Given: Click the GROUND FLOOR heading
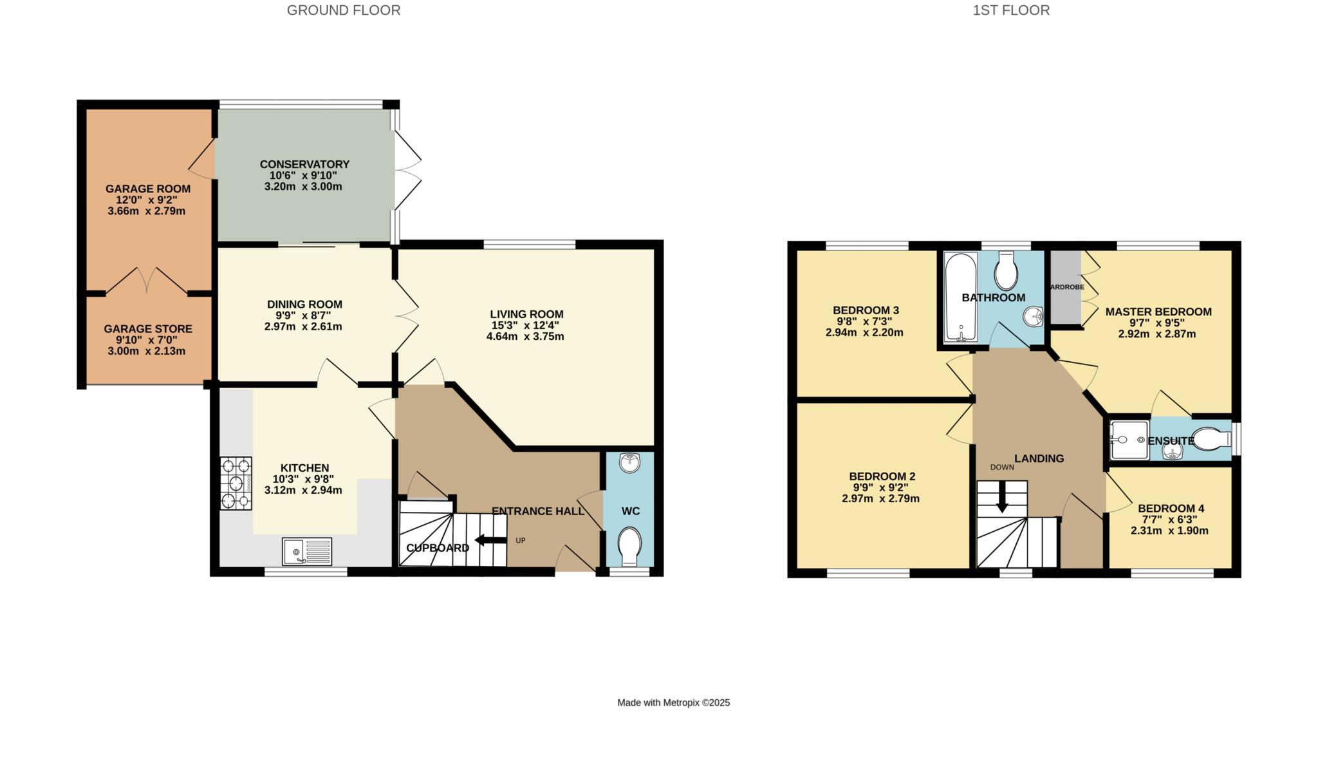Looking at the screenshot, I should tap(343, 10).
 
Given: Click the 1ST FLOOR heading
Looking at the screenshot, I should tap(1011, 10).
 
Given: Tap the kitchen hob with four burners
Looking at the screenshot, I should tap(236, 483).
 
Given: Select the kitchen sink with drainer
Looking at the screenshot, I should tap(307, 552).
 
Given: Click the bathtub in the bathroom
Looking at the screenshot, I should tap(960, 297).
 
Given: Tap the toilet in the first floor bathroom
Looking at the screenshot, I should tap(1006, 272).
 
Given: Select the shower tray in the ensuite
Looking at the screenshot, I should tap(1129, 440).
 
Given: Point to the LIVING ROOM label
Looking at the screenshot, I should tap(526, 314).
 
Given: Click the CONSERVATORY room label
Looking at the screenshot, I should tap(304, 164).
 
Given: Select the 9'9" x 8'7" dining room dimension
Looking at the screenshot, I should tap(304, 315).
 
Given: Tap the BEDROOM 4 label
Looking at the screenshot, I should tap(1171, 508).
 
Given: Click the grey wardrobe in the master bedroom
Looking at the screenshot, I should tap(1066, 287).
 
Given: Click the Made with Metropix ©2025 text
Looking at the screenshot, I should tap(673, 702).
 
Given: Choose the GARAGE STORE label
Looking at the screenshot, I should tap(148, 329).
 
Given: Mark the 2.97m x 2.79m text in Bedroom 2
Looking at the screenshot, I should tap(880, 498).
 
